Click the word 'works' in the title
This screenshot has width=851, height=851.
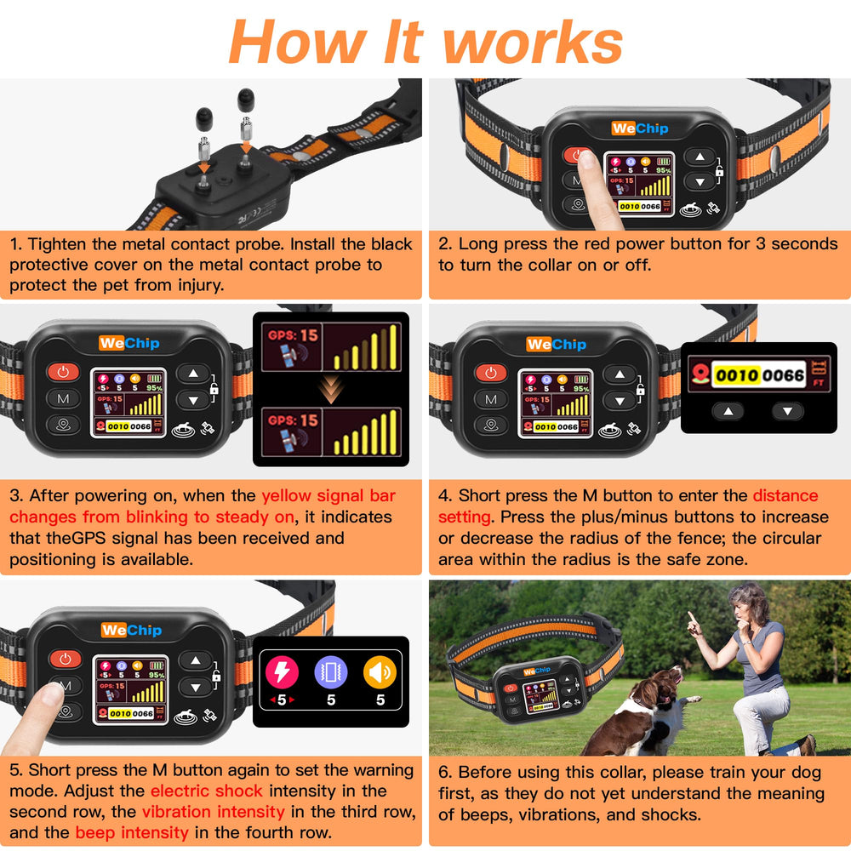tap(533, 43)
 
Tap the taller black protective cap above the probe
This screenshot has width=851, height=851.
tap(246, 100)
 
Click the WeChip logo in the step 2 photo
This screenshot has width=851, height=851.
tap(639, 129)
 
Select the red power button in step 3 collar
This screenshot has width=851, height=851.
tap(64, 372)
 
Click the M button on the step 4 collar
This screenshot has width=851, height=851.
tap(491, 399)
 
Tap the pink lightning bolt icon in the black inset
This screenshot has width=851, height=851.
tap(282, 672)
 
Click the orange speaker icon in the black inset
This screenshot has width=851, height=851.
tap(380, 672)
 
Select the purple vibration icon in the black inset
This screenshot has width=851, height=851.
tap(331, 672)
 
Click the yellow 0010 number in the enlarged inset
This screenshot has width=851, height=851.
tap(736, 375)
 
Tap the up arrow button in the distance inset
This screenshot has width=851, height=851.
tap(728, 411)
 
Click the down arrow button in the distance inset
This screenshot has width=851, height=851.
tap(788, 411)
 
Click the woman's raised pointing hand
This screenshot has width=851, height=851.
tap(694, 624)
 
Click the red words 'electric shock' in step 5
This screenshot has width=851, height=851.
tap(206, 791)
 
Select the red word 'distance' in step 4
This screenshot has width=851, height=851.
tap(785, 495)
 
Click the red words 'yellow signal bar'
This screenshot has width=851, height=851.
tap(328, 496)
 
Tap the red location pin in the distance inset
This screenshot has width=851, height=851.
tap(700, 374)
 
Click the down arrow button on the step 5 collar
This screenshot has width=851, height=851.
tap(196, 687)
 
